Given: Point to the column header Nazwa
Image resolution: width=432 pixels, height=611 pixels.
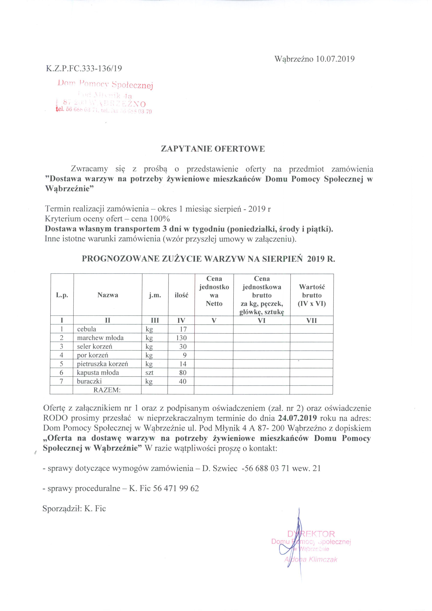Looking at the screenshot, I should [108, 295].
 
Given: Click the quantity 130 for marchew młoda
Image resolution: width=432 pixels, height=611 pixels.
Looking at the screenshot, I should [181, 338].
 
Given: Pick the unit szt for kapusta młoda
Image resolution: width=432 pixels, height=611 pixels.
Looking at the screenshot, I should [149, 372].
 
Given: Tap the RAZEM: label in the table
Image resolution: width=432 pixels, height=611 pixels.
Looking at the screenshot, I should [107, 390].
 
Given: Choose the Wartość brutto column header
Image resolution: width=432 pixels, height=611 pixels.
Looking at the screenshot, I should [312, 295].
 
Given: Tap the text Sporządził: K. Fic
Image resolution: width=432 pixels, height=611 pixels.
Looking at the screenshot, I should [74, 509].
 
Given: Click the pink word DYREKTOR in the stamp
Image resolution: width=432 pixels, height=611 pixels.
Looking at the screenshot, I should [311, 534].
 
